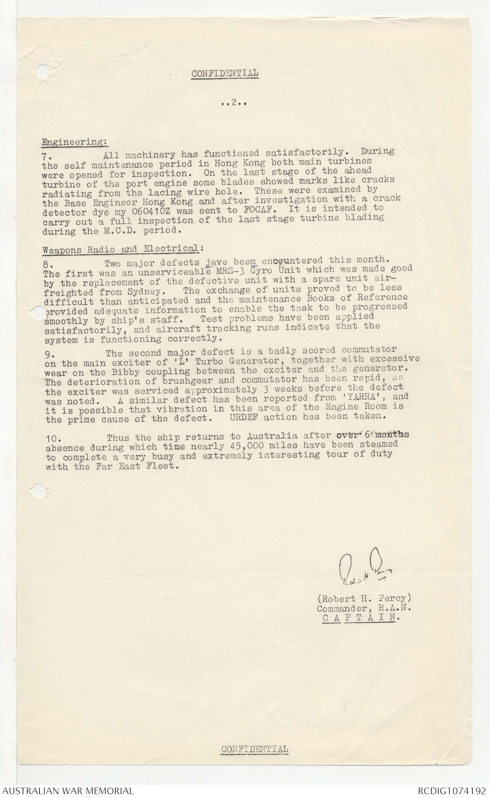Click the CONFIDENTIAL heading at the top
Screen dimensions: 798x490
coord(225,73)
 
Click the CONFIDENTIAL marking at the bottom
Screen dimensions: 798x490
coord(254,749)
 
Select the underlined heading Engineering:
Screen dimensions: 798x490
coord(74,142)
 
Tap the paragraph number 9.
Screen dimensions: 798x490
coord(48,355)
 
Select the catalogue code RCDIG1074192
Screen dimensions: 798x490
coord(452,790)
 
